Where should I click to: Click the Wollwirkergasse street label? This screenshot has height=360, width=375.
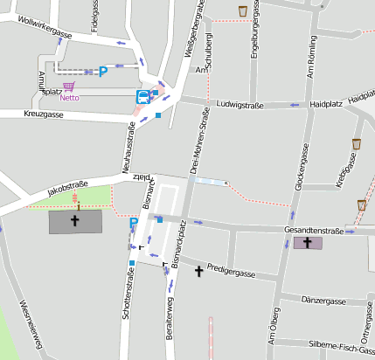coord(44,26)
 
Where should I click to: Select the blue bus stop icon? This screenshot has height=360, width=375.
coord(142,96)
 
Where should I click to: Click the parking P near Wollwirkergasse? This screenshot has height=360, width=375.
coord(103,71)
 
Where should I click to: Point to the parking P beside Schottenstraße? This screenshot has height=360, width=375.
coord(134,223)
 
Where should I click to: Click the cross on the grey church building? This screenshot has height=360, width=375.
coord(74,220)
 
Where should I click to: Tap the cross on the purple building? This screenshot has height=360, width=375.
coord(306,242)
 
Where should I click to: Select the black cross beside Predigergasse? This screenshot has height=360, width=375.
coord(199,272)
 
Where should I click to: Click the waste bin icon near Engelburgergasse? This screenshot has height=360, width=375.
coord(243,11)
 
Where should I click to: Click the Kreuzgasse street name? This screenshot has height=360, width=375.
coord(44,114)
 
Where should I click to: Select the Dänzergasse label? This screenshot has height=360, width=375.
coord(323,301)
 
